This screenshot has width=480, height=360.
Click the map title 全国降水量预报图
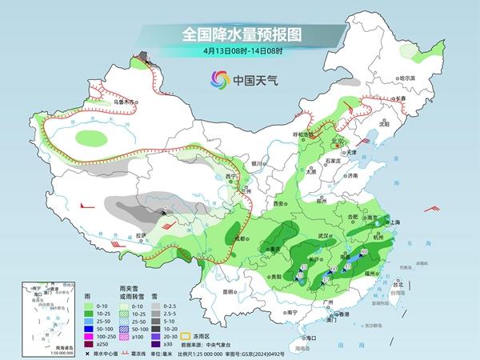(x=239, y=34)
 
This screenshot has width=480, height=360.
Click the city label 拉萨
(x=141, y=234)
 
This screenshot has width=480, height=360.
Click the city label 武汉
(x=324, y=236)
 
